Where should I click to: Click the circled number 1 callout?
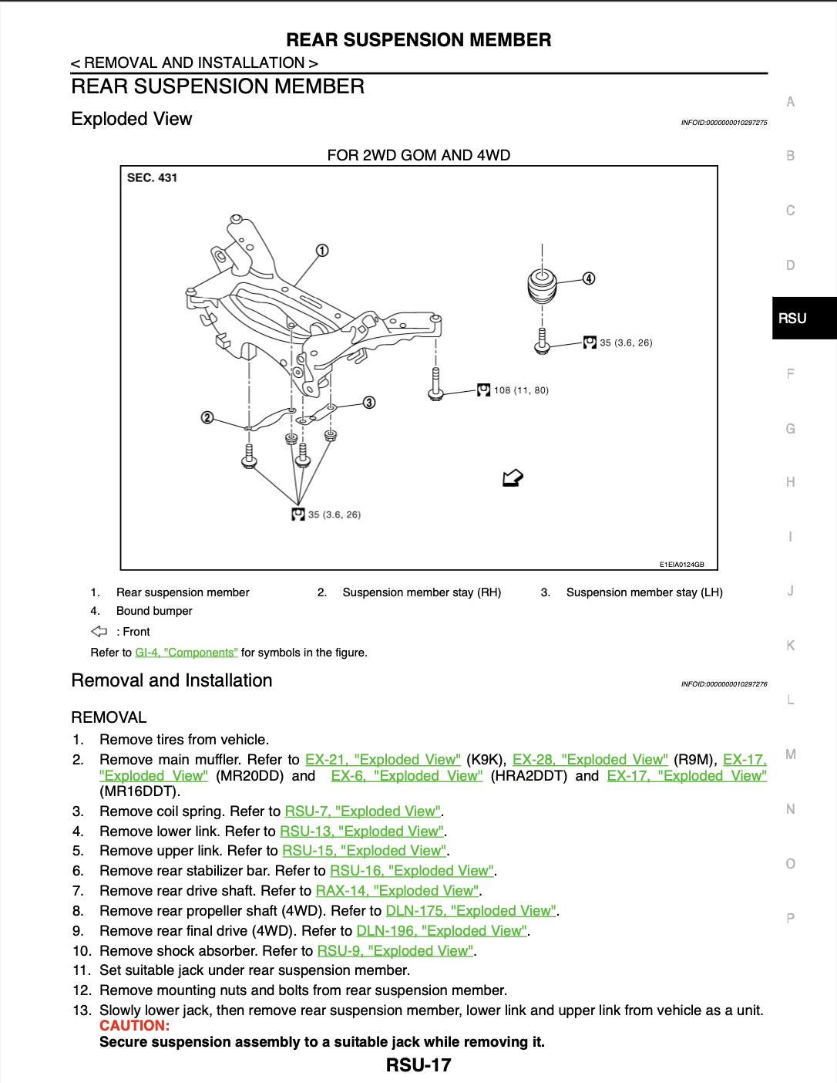[x=322, y=250]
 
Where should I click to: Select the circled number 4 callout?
[x=589, y=278]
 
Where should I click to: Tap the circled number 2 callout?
[x=207, y=417]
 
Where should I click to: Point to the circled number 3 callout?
[x=369, y=402]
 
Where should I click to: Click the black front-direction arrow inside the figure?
[x=513, y=478]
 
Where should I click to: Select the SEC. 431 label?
[x=152, y=178]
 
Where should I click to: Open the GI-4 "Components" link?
[x=187, y=653]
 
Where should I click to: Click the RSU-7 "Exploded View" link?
[x=362, y=811]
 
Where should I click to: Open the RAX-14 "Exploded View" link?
[x=397, y=891]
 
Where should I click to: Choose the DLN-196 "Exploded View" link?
[x=442, y=930]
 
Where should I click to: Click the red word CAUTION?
[x=134, y=1025]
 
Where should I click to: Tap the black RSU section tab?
[x=804, y=318]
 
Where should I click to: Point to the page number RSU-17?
[x=418, y=1065]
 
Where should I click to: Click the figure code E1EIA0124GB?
[x=681, y=565]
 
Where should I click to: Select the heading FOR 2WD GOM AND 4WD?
[x=418, y=156]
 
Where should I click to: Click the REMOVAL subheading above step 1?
[x=109, y=717]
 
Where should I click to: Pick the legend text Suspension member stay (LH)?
[x=644, y=592]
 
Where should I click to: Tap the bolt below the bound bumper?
[x=542, y=342]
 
